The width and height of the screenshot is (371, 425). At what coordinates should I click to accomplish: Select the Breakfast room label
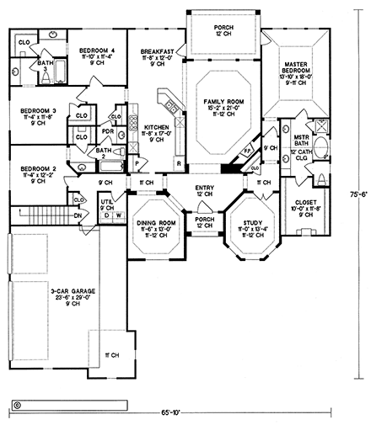tap(157, 52)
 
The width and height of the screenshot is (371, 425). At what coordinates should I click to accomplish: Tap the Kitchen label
tap(157, 128)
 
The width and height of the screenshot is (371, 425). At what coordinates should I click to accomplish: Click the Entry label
tap(203, 188)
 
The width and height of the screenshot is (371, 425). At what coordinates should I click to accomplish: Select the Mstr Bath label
tap(302, 141)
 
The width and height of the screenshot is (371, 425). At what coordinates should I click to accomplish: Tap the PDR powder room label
tap(108, 130)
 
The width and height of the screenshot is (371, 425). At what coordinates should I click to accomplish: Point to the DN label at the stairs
tap(79, 215)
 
